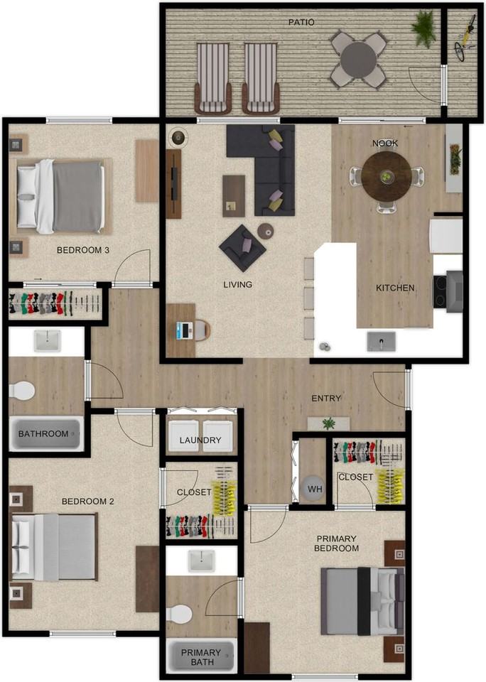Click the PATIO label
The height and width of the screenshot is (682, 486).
[x=301, y=22]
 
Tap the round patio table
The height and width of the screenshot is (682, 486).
[x=358, y=60]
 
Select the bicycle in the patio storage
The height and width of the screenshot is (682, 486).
[x=466, y=36]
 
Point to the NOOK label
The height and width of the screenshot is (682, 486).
[x=385, y=144]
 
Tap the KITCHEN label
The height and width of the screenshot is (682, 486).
[x=395, y=288]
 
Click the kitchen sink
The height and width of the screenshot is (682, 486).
[x=381, y=342]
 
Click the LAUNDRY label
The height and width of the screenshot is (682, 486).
[x=200, y=440]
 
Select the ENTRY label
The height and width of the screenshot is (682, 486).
[x=326, y=399]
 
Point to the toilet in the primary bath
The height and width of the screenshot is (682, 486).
[x=178, y=614]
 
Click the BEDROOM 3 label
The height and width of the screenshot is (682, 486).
[x=83, y=250]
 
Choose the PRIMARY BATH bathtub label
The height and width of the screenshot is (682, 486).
[x=200, y=659]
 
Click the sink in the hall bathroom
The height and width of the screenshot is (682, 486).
[x=48, y=341]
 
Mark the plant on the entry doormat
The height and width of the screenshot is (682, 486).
[x=328, y=424]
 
